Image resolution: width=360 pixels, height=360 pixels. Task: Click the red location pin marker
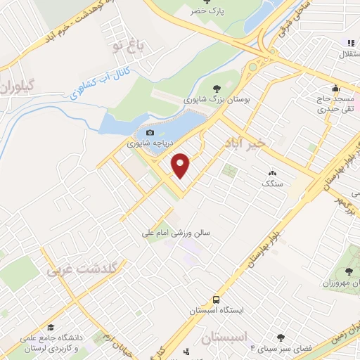[x=181, y=165]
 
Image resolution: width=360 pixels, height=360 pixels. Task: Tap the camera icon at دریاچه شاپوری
[x=149, y=132]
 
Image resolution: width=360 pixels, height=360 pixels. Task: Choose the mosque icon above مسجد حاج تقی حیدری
[x=336, y=88]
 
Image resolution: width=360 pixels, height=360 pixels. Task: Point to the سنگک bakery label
[x=271, y=184]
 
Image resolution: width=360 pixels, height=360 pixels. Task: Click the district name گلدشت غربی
[x=85, y=269]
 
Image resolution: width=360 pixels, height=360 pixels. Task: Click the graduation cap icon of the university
[x=51, y=327]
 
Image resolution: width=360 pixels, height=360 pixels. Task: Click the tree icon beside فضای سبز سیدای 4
[x=281, y=338]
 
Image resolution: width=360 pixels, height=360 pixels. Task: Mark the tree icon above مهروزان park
[x=349, y=272]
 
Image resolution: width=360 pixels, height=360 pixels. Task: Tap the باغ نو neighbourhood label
[x=129, y=46]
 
